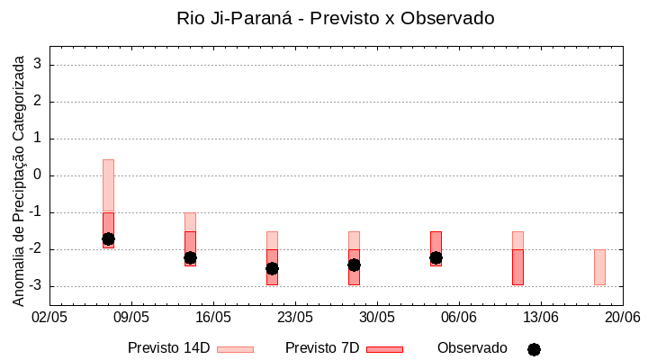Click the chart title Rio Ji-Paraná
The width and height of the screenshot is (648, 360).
click(336, 18)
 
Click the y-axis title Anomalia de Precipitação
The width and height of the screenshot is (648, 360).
click(19, 177)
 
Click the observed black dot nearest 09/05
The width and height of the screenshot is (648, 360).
click(108, 238)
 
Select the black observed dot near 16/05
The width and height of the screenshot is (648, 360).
click(190, 257)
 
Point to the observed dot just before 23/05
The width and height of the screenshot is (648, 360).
click(272, 268)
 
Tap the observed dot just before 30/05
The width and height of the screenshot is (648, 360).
click(354, 265)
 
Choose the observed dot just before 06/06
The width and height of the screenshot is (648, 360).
click(436, 257)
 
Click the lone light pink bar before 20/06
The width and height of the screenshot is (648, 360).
click(599, 267)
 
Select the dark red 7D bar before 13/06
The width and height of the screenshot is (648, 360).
click(517, 267)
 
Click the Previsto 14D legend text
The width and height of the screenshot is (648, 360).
click(168, 348)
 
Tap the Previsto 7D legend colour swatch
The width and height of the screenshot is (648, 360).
click(384, 349)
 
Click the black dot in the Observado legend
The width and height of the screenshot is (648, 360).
click(534, 349)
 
